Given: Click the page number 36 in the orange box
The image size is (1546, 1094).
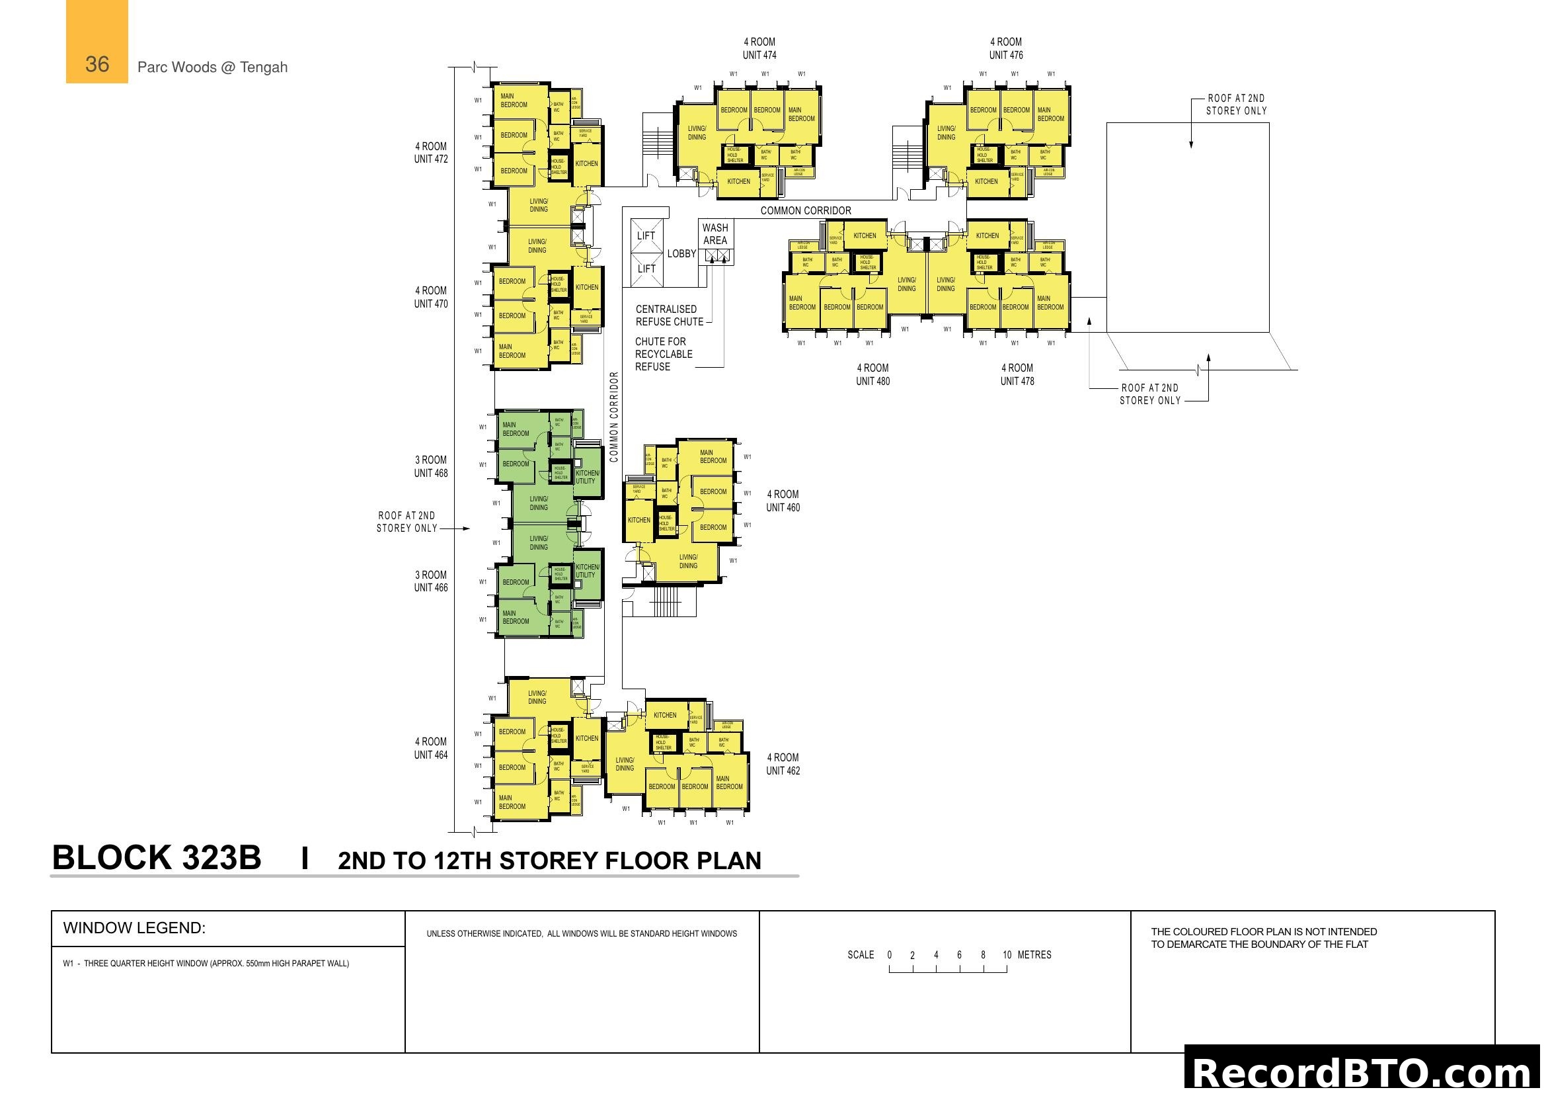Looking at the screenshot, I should [97, 64].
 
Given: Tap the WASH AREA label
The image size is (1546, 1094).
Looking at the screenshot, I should [715, 233].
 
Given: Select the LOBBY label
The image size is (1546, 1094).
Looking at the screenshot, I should [681, 254].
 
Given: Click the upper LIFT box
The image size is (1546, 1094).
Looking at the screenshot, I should [646, 235].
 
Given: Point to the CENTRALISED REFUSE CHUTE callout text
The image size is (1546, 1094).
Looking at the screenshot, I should [670, 316].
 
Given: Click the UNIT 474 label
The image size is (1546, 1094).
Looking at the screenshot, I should [759, 56].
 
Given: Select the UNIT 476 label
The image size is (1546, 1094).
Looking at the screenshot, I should [1005, 56].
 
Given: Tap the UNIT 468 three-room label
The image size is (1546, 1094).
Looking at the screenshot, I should [430, 473].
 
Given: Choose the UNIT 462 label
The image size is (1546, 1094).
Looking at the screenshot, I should [783, 771].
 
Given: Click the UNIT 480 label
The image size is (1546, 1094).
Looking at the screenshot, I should [872, 381].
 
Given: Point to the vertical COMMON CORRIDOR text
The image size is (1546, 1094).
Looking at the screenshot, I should [613, 417].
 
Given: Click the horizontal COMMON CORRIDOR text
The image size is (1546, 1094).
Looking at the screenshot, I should [805, 211].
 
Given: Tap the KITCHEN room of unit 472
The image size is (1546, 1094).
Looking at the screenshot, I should [586, 163].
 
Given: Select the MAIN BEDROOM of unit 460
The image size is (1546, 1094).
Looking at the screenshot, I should [713, 457].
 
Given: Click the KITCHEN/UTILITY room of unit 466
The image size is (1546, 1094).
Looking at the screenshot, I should [586, 571].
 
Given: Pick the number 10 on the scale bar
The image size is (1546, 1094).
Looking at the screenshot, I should [1007, 954].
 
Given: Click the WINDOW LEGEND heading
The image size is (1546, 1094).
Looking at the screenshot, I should [134, 927].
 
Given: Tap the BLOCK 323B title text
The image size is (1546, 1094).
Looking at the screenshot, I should [156, 859].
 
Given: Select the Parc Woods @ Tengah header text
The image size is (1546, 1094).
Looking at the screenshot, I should [212, 67].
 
